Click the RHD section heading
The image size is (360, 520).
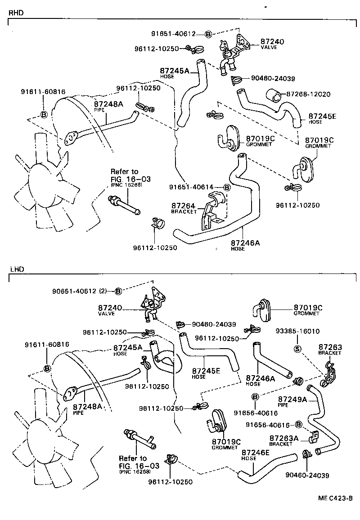[16, 13]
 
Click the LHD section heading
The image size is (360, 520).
[16, 269]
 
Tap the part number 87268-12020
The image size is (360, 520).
[308, 94]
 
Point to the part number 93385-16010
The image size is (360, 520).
[297, 331]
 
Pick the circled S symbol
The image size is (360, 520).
[297, 348]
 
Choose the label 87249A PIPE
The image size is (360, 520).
[292, 401]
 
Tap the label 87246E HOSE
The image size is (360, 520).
[256, 455]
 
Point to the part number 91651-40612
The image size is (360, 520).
[173, 34]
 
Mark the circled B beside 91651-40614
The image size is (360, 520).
[226, 187]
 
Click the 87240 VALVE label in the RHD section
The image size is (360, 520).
[272, 43]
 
